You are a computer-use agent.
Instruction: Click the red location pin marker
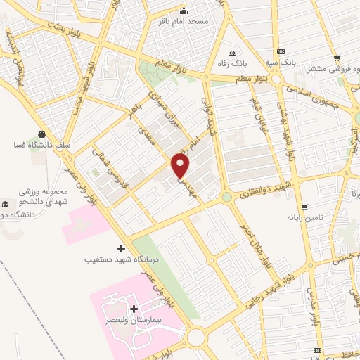181,166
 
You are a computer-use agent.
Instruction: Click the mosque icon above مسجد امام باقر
184,11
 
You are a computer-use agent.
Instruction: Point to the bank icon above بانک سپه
281,51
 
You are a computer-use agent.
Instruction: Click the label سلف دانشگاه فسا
42,145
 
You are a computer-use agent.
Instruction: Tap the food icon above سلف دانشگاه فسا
42,134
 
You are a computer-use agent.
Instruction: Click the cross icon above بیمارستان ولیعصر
134,309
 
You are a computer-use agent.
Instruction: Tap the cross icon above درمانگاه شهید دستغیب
121,248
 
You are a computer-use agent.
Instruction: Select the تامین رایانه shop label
304,218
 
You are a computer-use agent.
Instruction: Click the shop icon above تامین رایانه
304,207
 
